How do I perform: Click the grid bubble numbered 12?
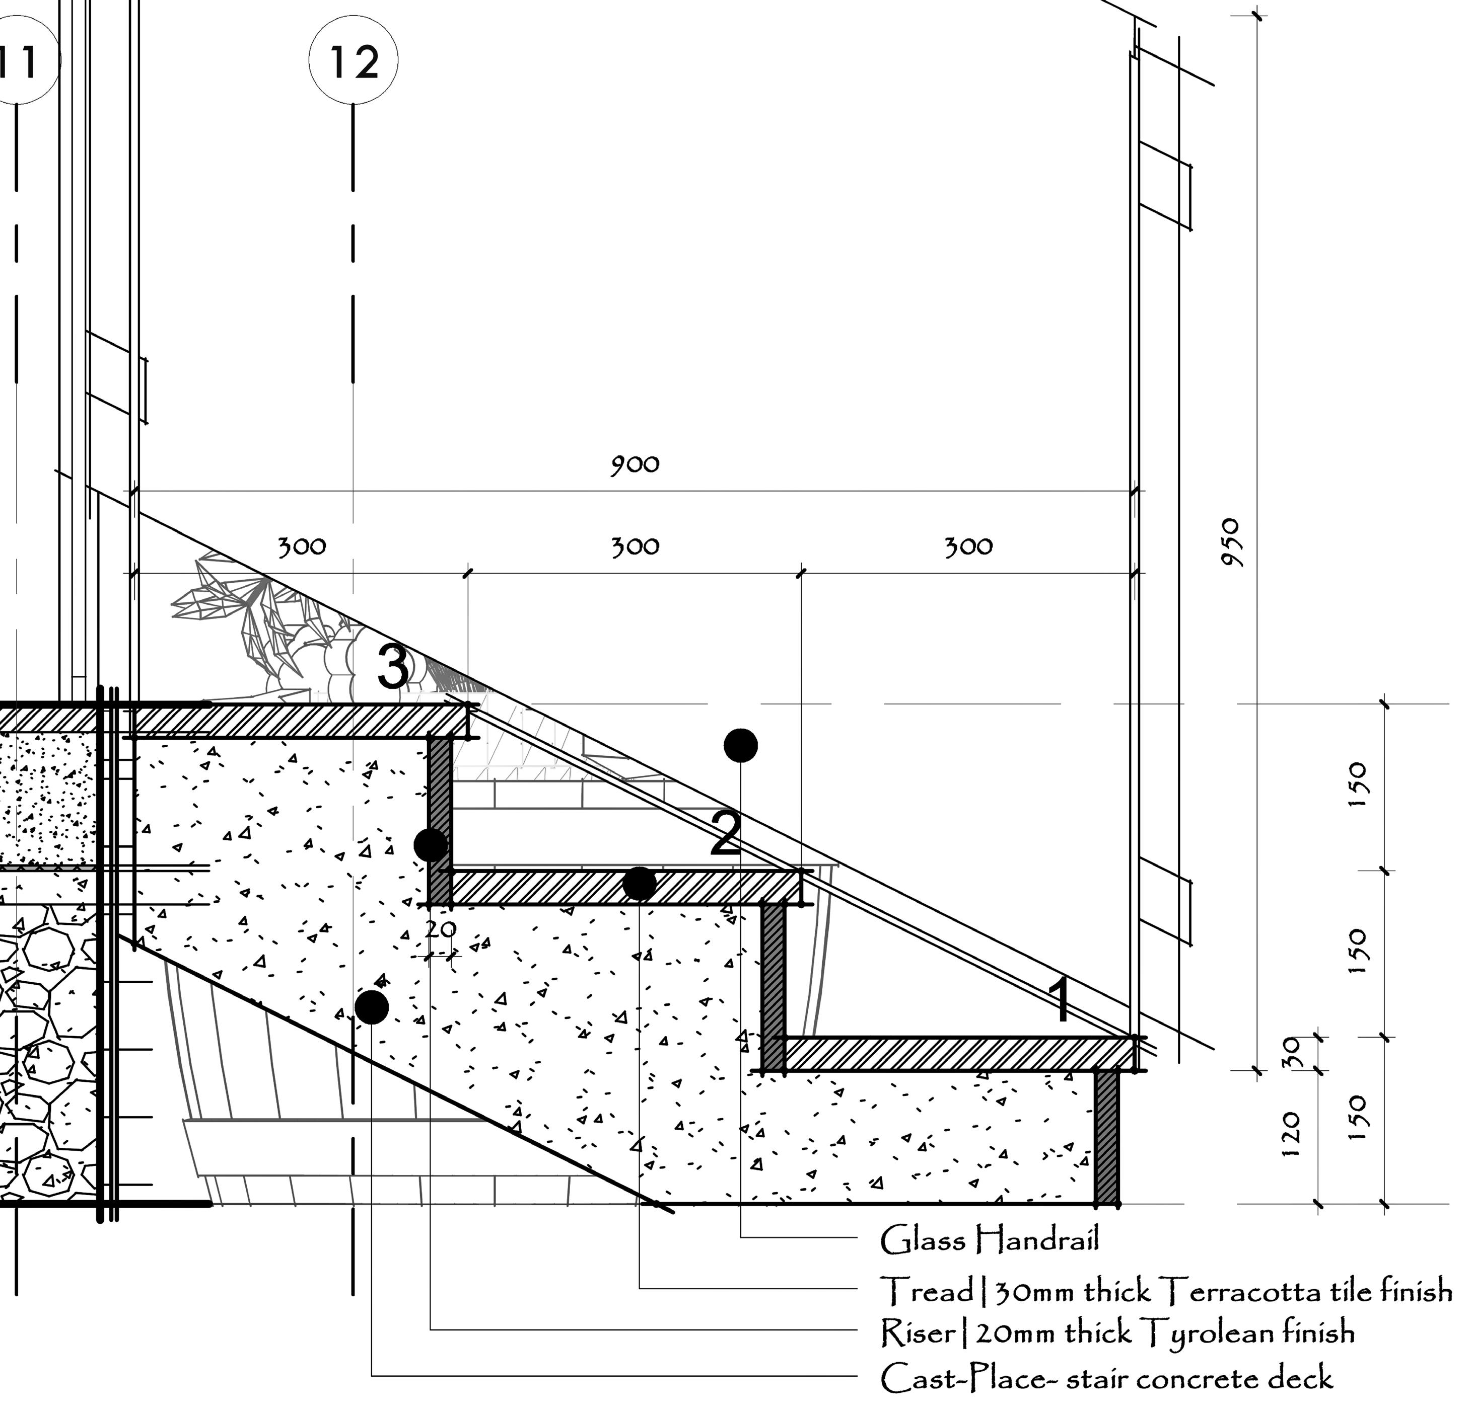tap(353, 61)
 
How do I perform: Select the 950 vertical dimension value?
tap(1232, 542)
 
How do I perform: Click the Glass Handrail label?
tap(989, 1240)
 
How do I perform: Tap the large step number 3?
tap(394, 667)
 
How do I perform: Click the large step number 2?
tap(726, 834)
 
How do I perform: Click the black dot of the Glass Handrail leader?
tap(741, 745)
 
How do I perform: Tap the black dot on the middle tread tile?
tap(640, 883)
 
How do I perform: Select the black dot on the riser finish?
tap(431, 845)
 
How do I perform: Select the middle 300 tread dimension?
tap(635, 546)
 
